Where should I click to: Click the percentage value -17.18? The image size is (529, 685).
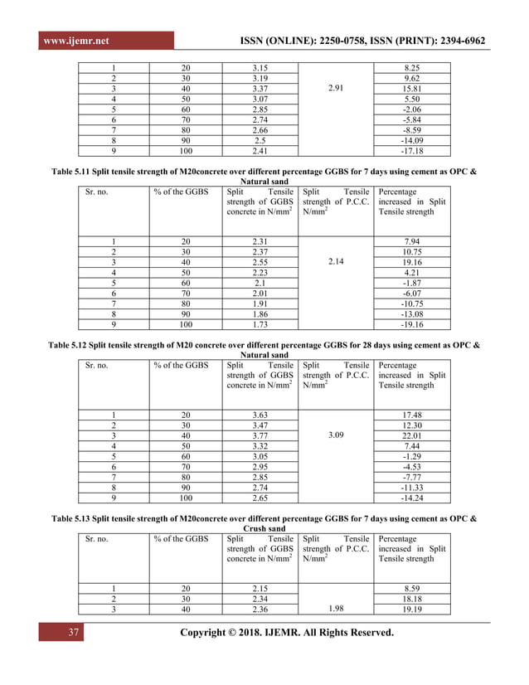coord(411,150)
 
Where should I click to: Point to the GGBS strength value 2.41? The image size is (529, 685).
coord(260,150)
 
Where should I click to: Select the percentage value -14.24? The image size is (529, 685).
coord(411,498)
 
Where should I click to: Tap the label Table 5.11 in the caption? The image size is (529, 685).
coord(75,170)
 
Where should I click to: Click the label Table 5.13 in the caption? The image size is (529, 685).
coord(75,518)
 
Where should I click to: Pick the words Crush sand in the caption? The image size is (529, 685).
coord(264,528)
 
